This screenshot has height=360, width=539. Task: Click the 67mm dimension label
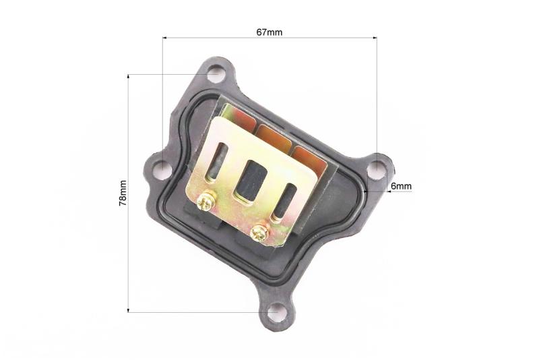(269, 32)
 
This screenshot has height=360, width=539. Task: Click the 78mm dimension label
(123, 193)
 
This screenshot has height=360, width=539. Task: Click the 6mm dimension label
(401, 186)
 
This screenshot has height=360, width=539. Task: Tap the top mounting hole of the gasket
(216, 74)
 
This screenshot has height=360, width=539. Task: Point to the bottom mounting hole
(277, 312)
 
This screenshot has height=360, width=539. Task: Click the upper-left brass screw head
(206, 200)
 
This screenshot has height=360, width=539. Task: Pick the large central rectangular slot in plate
(251, 180)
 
